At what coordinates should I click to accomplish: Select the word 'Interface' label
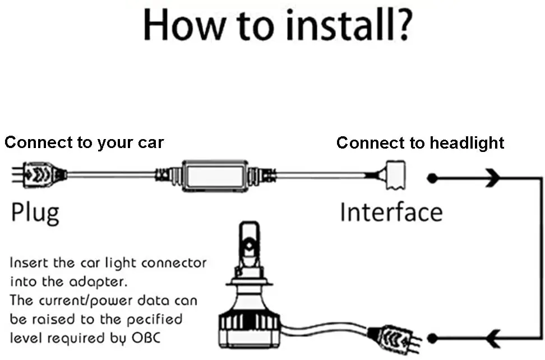pyautogui.click(x=391, y=212)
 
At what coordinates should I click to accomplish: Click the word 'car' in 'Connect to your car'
pyautogui.click(x=150, y=142)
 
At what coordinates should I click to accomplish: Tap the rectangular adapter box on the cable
pyautogui.click(x=213, y=175)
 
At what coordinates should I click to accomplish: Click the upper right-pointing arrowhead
pyautogui.click(x=492, y=179)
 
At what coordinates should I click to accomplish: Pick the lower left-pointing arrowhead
pyautogui.click(x=493, y=338)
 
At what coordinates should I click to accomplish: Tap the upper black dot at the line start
pyautogui.click(x=432, y=179)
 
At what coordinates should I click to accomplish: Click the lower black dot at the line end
pyautogui.click(x=432, y=338)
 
